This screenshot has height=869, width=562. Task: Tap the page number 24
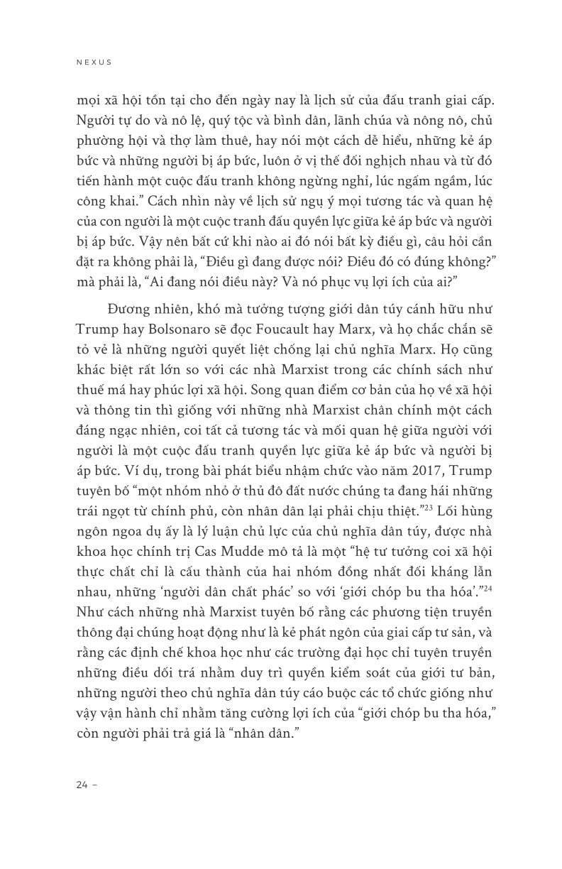point(79,785)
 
